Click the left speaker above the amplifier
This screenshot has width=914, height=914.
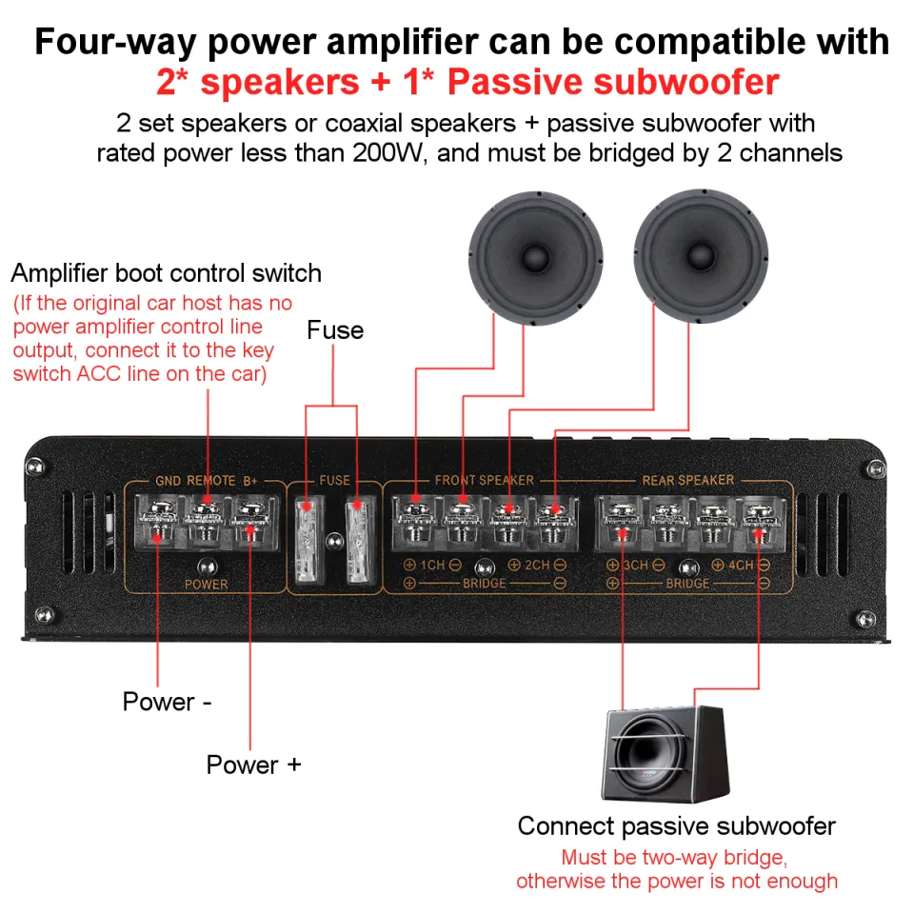536,256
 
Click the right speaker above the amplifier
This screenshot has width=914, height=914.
700,256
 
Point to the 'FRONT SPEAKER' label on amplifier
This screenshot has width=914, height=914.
484,480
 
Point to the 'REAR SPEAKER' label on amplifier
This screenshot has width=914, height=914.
687,480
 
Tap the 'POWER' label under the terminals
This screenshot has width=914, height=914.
206,584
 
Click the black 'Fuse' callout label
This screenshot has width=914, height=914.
335,330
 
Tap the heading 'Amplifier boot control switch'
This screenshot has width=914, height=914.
166,273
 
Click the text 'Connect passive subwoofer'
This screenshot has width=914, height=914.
676,825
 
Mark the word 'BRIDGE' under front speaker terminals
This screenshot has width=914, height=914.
485,583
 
